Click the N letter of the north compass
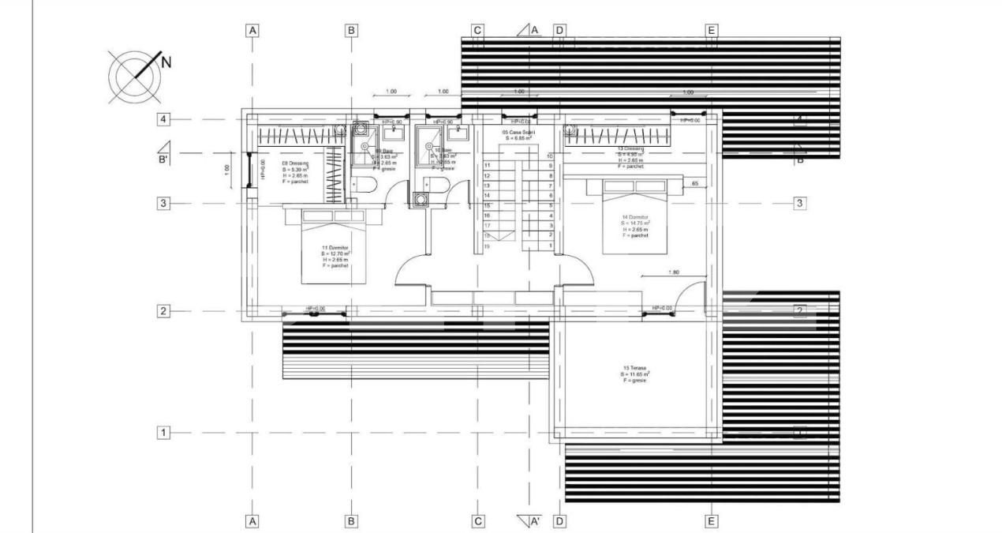pos(166,62)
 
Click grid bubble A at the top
pos(252,31)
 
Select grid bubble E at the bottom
pos(711,521)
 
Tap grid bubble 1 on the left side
pos(163,433)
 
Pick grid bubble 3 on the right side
pos(799,203)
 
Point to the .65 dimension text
pos(694,183)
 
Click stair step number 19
pos(487,246)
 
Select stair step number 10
pos(550,156)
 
